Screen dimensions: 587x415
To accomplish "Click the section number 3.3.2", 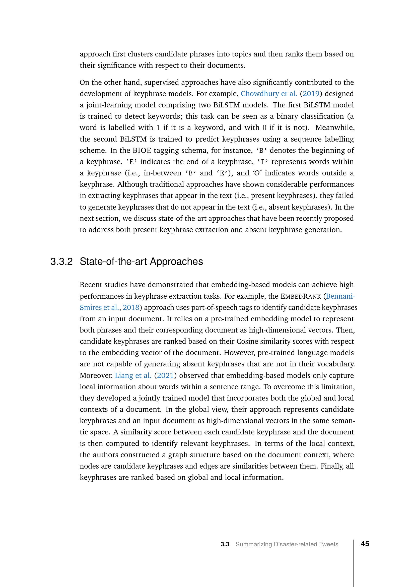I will tap(61, 262).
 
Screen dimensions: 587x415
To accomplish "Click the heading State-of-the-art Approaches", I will tap(141, 262).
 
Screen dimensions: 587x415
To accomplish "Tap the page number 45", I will tap(365, 544).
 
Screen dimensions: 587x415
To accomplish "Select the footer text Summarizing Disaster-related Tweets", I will tap(287, 544).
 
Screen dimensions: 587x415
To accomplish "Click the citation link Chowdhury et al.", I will tap(269, 94).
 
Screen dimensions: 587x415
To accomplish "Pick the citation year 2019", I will tap(311, 94).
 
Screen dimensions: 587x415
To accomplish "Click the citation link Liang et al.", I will tap(133, 376).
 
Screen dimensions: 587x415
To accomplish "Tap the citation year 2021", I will tap(165, 376).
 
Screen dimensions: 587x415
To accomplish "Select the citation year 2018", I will tap(131, 308).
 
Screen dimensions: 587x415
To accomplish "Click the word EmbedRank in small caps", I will tap(301, 297).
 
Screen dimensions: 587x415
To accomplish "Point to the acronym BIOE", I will tap(142, 151).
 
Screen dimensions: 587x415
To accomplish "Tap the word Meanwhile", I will tap(335, 128).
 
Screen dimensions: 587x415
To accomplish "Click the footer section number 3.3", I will tap(225, 544).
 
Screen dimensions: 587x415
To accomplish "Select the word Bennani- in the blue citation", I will tap(340, 296).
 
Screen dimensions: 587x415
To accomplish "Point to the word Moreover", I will tap(96, 376).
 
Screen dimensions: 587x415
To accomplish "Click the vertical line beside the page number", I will tap(354, 562).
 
